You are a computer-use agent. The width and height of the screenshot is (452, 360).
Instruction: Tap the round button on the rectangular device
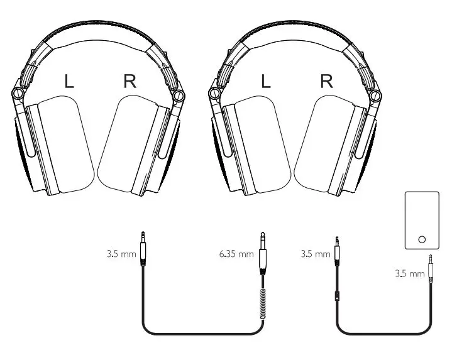(x=421, y=239)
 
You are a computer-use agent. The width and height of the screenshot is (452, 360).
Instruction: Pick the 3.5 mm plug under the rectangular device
(x=430, y=267)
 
